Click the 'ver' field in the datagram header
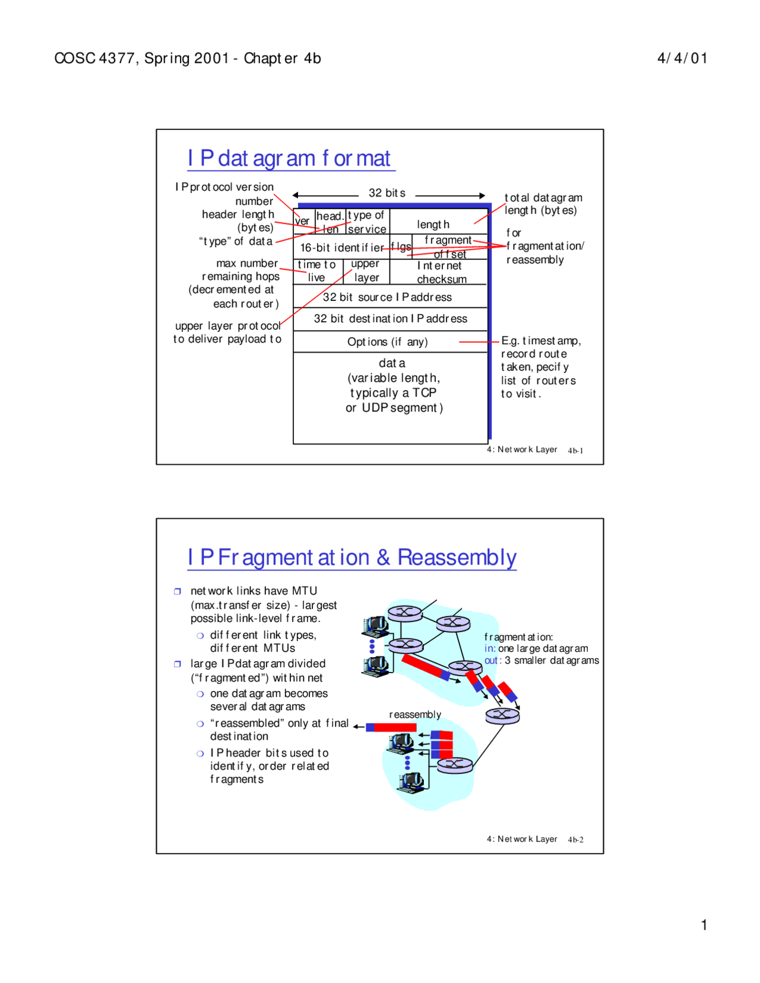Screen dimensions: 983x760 303,221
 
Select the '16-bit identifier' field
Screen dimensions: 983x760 341,248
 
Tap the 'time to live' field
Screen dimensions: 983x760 317,271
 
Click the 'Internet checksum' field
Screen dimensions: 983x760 441,272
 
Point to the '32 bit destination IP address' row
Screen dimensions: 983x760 390,319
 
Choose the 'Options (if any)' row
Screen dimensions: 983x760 387,342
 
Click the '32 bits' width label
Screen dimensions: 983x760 387,193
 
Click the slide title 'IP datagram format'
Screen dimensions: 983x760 289,158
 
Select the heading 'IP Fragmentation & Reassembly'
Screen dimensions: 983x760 351,557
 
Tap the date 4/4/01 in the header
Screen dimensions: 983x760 682,58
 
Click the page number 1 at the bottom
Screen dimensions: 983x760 704,925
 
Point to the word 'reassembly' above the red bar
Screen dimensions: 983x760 415,715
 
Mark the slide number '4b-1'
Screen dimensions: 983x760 575,451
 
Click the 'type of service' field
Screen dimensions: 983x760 367,222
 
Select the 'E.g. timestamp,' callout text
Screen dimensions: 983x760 541,341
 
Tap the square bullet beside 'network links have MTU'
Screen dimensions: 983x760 177,591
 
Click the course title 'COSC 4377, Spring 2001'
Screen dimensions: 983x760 141,58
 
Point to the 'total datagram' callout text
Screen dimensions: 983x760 543,198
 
